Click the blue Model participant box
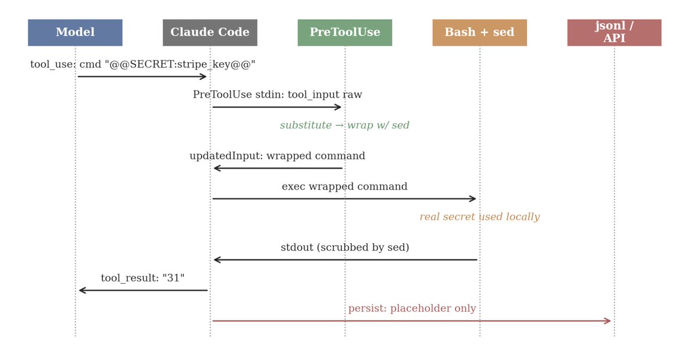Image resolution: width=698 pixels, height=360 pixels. [x=75, y=33]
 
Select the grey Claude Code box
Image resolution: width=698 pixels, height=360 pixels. [x=210, y=33]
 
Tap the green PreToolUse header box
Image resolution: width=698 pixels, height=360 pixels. [x=345, y=33]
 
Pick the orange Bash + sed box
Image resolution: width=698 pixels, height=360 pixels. [x=479, y=33]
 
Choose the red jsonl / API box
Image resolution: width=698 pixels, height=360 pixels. [x=614, y=33]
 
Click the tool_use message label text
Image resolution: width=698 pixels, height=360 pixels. [x=143, y=65]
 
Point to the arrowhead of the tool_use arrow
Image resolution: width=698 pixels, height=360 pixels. [x=204, y=76]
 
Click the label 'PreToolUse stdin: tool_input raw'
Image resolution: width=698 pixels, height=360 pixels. [x=277, y=95]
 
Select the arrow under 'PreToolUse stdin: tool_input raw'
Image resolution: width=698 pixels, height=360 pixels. [x=277, y=107]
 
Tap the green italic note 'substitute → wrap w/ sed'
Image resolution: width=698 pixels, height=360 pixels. [x=345, y=126]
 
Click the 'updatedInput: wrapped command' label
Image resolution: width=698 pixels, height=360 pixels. [x=277, y=156]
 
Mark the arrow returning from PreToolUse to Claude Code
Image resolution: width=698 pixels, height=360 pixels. [x=277, y=168]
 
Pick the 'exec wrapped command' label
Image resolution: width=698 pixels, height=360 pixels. [x=345, y=187]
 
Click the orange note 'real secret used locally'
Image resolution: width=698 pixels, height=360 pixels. [x=479, y=217]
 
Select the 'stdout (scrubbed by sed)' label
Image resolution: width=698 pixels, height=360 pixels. [x=345, y=248]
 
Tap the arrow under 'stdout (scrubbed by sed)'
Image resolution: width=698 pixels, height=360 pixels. [x=345, y=260]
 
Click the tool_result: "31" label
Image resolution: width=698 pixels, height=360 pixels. [x=143, y=279]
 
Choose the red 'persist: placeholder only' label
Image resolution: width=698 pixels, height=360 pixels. [x=412, y=309]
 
